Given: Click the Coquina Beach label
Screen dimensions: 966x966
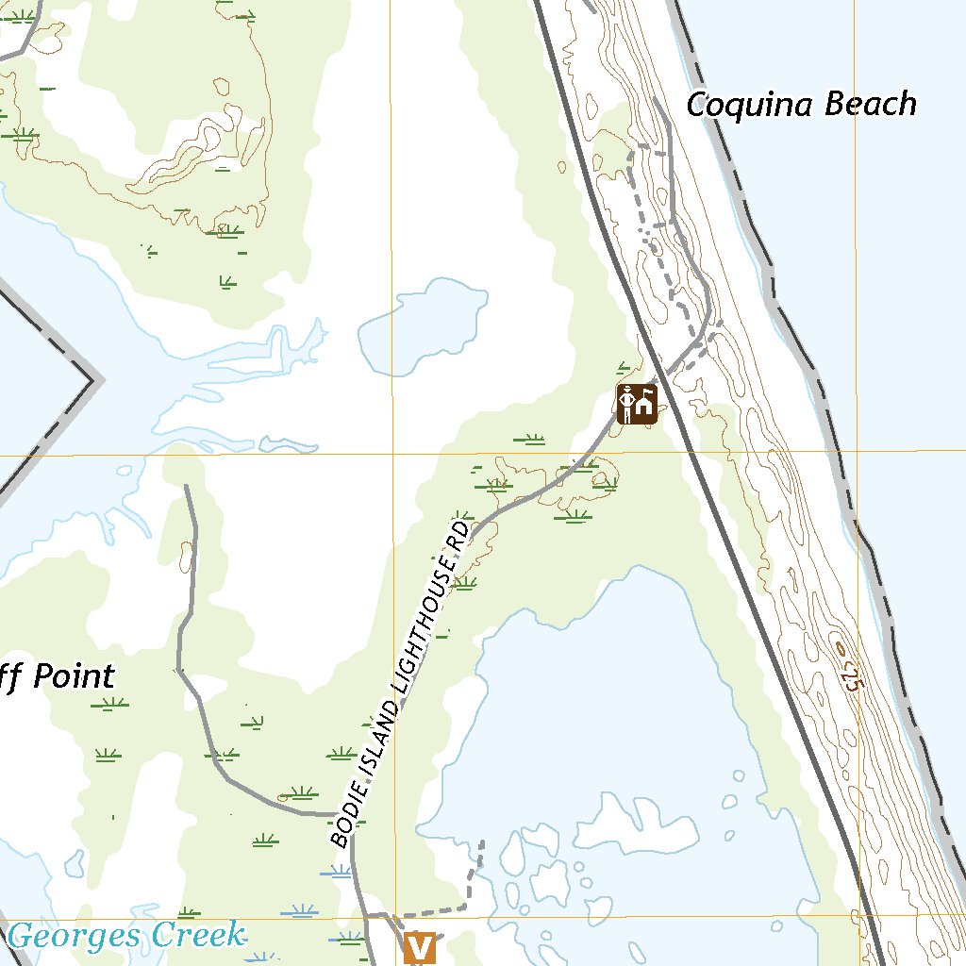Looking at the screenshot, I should [801, 105].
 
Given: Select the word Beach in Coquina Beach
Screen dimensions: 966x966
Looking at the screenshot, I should [871, 104].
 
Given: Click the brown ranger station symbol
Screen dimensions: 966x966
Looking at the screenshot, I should [637, 404].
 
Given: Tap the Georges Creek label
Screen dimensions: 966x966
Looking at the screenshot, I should [125, 936].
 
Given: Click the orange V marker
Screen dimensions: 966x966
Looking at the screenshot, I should [420, 947].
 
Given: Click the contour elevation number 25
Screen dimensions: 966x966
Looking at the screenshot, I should [852, 677].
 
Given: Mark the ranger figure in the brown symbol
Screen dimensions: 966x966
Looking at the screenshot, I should [627, 404].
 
